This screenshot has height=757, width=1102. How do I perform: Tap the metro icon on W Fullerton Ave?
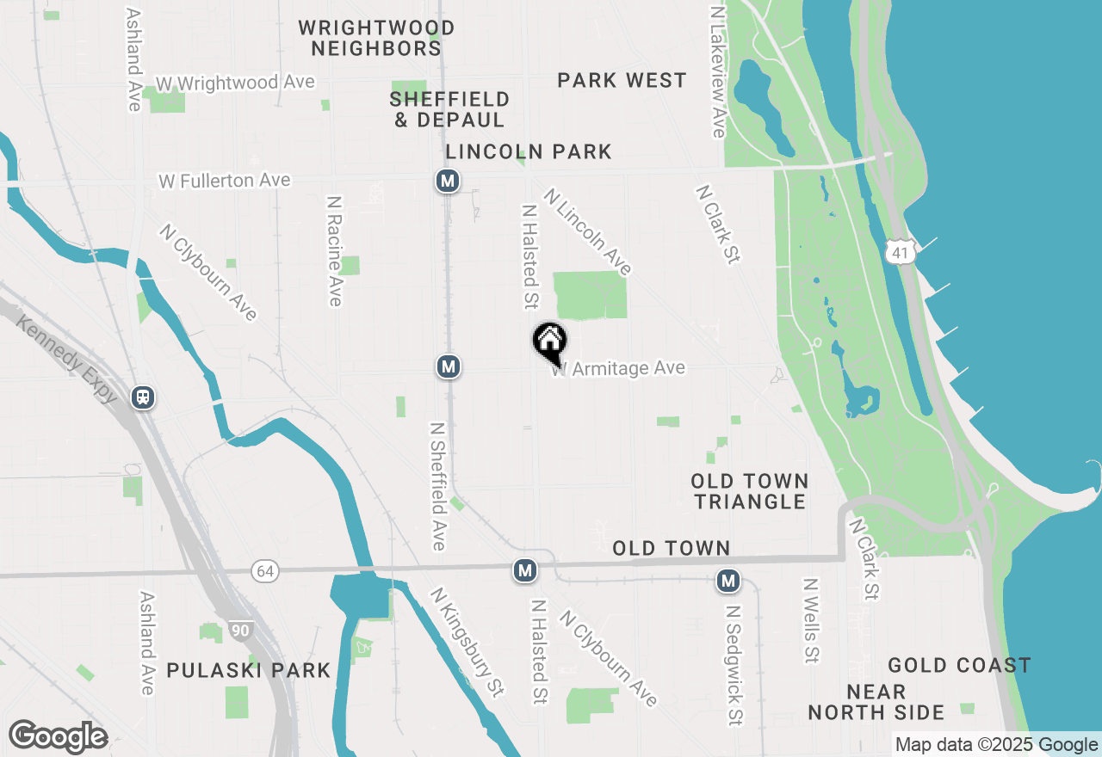(447, 181)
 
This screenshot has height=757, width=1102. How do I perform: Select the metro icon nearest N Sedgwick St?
(728, 582)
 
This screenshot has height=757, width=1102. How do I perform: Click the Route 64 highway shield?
(265, 570)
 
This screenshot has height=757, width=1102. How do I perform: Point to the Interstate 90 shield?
(241, 631)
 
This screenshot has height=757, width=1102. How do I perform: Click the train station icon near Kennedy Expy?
(143, 397)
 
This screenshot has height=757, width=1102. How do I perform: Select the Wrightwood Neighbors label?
(376, 39)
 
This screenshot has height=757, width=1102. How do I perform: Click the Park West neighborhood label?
(622, 81)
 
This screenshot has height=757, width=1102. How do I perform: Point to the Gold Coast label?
(959, 665)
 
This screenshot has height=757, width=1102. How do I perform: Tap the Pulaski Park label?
(249, 670)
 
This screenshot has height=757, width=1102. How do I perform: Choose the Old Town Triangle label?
(750, 491)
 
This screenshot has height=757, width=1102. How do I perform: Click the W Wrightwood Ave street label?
(235, 83)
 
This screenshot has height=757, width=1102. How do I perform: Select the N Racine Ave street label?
(335, 250)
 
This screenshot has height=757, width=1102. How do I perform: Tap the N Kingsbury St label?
(467, 641)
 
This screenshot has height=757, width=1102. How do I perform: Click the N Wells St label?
(810, 620)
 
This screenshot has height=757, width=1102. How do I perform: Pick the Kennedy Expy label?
(65, 360)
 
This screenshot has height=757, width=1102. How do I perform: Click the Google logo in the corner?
(58, 736)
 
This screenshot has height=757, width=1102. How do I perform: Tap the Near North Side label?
(876, 702)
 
